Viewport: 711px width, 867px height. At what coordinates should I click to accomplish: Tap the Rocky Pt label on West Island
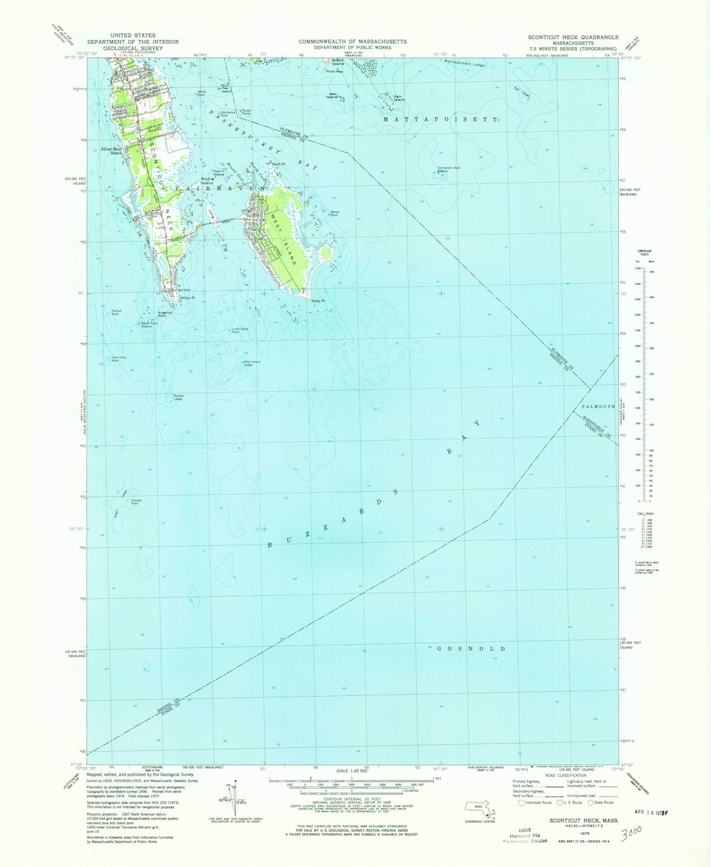click(x=318, y=301)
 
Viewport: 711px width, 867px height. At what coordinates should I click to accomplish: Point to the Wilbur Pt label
click(x=188, y=298)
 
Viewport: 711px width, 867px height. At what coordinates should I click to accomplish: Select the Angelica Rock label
click(x=165, y=315)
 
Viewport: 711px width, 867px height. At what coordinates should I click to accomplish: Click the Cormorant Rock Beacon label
click(x=448, y=169)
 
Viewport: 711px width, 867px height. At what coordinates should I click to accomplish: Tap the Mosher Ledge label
click(x=178, y=397)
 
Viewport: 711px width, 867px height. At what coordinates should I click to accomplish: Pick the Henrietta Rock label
click(x=119, y=359)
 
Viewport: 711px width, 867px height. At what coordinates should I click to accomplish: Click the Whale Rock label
click(x=334, y=213)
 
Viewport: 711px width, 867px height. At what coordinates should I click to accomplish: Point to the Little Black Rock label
click(x=240, y=330)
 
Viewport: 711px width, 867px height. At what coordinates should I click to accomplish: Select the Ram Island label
click(x=398, y=98)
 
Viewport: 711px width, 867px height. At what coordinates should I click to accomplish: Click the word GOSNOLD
click(x=471, y=649)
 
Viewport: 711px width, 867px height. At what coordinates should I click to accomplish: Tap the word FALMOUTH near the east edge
click(x=598, y=407)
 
